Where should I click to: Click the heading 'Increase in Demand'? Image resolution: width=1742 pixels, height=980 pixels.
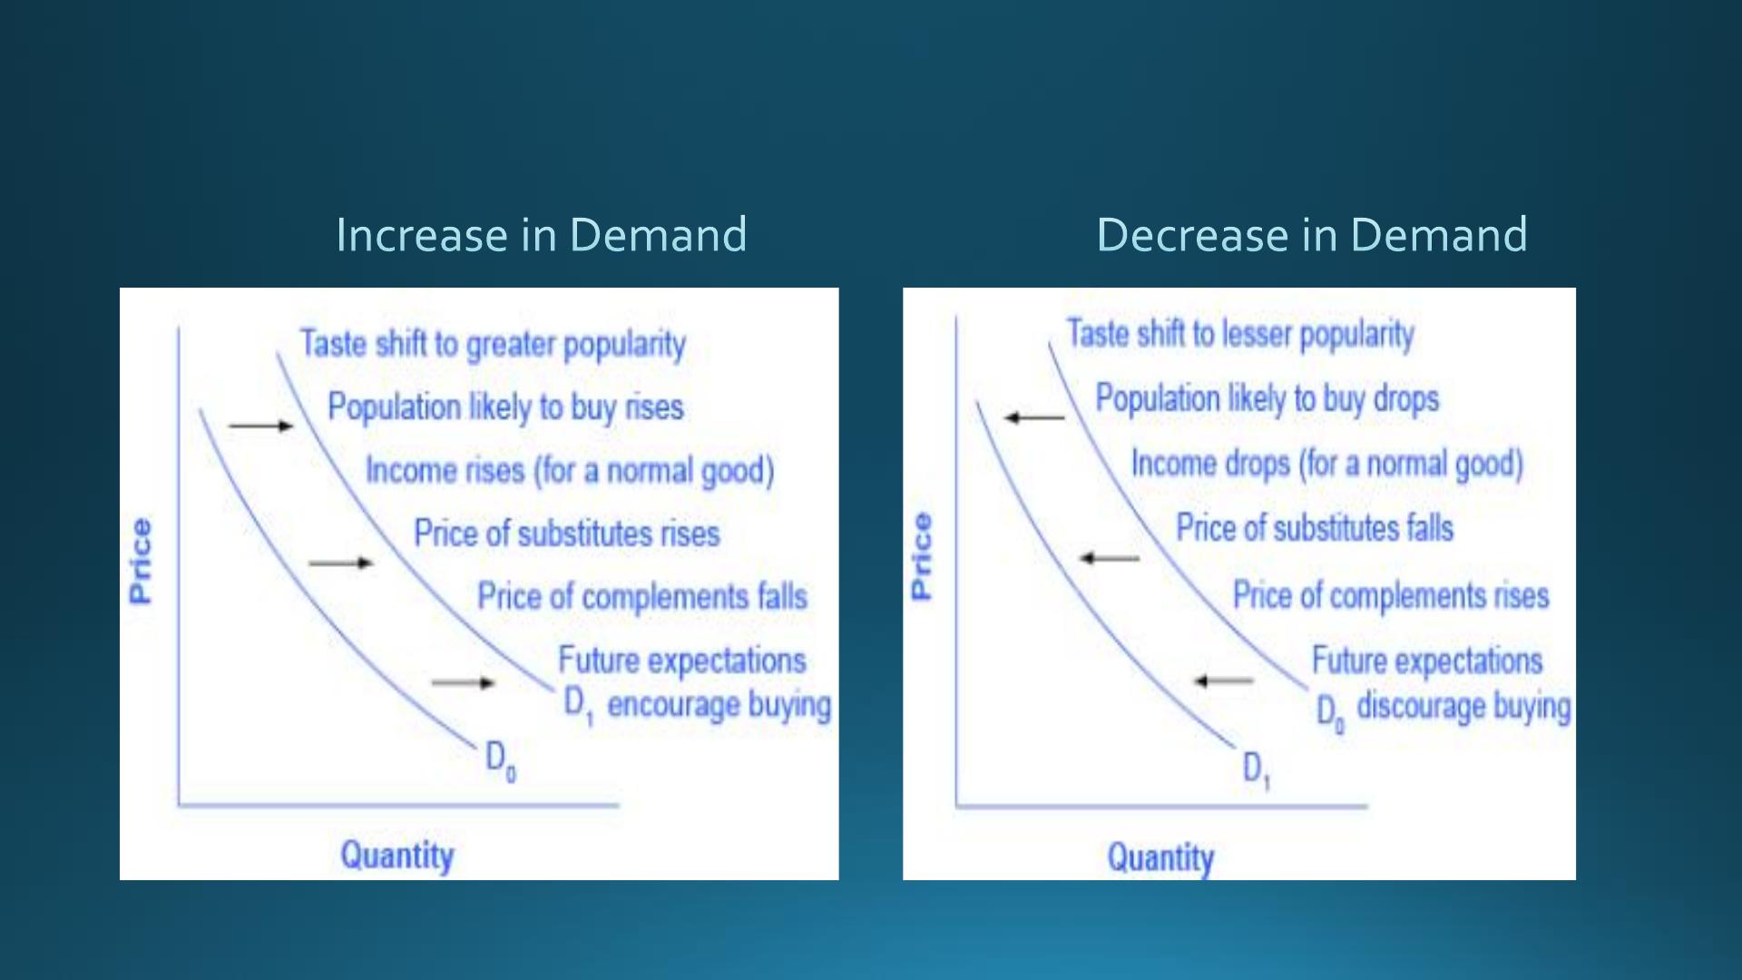(x=541, y=234)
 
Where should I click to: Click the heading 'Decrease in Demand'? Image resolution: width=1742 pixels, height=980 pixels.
(x=1312, y=234)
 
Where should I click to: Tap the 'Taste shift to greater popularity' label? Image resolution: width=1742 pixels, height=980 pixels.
(x=493, y=345)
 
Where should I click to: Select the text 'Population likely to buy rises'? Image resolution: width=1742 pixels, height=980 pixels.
(x=505, y=407)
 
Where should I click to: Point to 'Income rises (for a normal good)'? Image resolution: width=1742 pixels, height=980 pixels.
(x=570, y=470)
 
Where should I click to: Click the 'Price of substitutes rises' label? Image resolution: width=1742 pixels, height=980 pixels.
(x=567, y=534)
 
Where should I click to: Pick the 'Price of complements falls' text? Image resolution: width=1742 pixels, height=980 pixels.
(x=642, y=597)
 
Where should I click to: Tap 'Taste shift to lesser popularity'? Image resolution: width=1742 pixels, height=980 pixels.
(x=1240, y=334)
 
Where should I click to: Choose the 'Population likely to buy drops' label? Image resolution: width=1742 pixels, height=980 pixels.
(x=1267, y=398)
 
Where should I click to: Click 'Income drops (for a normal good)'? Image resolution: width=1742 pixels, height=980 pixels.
(x=1326, y=464)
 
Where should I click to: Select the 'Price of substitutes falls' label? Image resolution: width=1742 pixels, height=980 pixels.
(x=1315, y=528)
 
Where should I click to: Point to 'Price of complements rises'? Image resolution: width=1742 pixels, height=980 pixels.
(x=1391, y=596)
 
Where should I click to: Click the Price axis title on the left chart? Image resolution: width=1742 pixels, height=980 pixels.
(x=140, y=561)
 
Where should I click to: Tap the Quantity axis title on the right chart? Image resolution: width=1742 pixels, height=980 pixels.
(x=1160, y=857)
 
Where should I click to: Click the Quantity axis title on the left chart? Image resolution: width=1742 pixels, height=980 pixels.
(x=397, y=856)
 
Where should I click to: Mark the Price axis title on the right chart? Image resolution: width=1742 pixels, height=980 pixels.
(x=921, y=555)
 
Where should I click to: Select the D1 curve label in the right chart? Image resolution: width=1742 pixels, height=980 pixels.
(x=1257, y=770)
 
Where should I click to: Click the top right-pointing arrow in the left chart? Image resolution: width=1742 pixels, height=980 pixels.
(x=261, y=425)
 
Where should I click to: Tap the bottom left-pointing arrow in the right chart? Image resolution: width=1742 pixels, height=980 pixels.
(x=1223, y=681)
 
